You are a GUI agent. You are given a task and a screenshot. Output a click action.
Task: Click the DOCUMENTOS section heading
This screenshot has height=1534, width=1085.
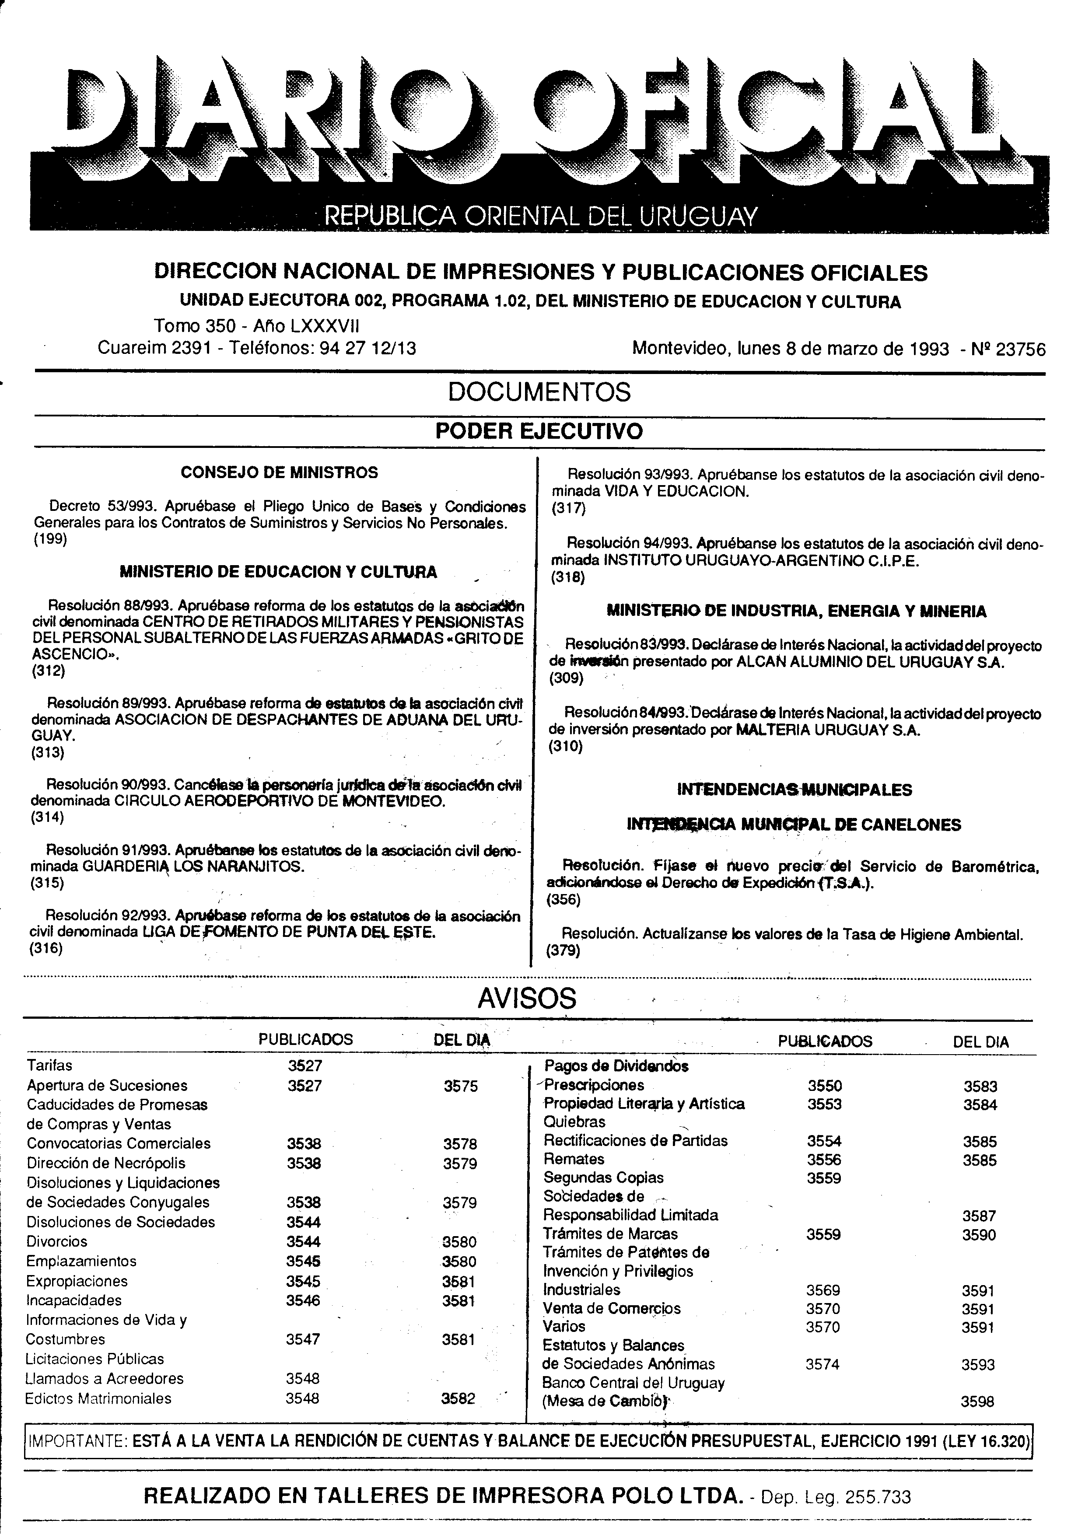pyautogui.click(x=539, y=392)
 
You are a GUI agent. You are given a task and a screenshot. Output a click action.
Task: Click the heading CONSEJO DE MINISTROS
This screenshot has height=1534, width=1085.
pyautogui.click(x=279, y=472)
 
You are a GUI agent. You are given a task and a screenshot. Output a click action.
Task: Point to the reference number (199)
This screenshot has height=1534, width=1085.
pyautogui.click(x=50, y=538)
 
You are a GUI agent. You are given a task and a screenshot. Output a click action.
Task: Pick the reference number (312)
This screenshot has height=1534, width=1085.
pyautogui.click(x=49, y=671)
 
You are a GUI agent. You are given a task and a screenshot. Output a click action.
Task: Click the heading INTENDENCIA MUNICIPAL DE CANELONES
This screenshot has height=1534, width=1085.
pyautogui.click(x=794, y=825)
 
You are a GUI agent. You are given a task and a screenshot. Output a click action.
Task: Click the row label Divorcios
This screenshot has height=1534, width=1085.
pyautogui.click(x=57, y=1241)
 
